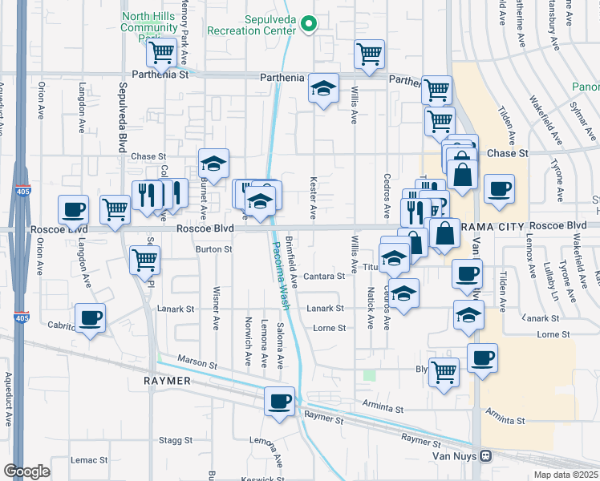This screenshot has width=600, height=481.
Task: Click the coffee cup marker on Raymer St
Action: [x=279, y=402]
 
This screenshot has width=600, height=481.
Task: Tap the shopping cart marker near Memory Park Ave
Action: [x=161, y=54]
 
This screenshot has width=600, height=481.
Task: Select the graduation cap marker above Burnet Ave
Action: [x=213, y=164]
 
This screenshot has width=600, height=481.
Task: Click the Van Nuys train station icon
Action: [x=485, y=456]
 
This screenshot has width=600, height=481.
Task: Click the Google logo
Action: [x=26, y=471]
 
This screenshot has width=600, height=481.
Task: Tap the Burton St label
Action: [x=214, y=249]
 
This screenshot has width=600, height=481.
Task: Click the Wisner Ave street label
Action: [x=216, y=308]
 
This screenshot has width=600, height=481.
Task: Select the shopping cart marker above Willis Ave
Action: [x=369, y=55]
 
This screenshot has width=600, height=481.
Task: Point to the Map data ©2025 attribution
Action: [x=563, y=475]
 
